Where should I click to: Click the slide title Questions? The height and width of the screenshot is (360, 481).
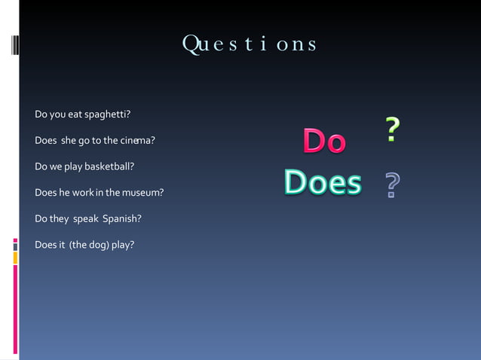pyautogui.click(x=250, y=44)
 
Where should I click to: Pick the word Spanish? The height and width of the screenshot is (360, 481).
pyautogui.click(x=121, y=218)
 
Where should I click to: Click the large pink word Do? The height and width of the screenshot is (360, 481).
pyautogui.click(x=324, y=142)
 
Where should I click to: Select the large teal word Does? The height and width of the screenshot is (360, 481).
pyautogui.click(x=323, y=182)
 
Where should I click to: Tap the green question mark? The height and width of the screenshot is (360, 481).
pyautogui.click(x=391, y=130)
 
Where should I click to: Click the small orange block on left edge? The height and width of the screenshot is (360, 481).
pyautogui.click(x=15, y=258)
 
